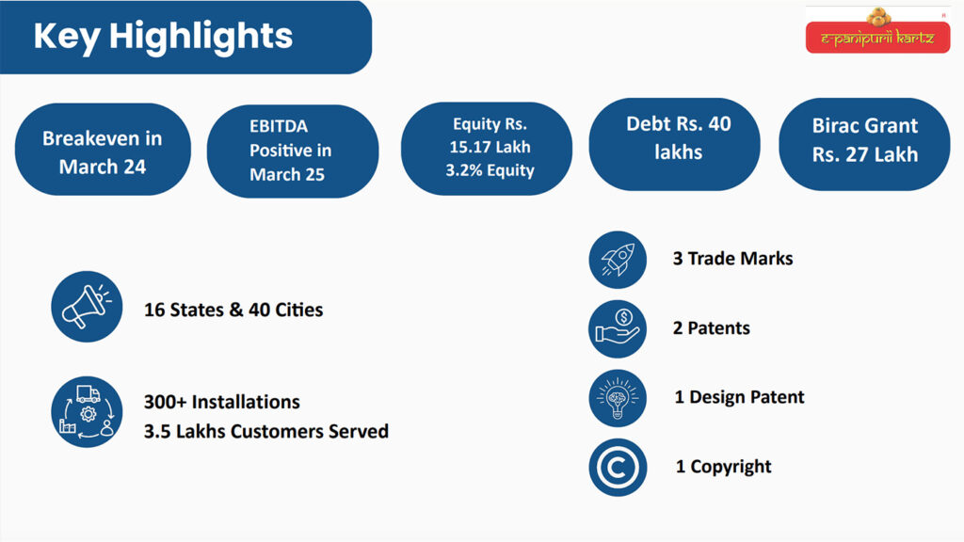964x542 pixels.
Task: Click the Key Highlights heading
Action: point(163,36)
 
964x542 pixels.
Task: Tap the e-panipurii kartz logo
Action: point(877,31)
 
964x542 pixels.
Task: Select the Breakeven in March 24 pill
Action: point(103,150)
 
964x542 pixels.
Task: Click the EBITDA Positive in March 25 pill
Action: point(293,151)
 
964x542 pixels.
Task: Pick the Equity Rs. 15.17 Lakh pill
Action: point(487,149)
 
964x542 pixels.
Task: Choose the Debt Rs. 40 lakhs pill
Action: point(674,144)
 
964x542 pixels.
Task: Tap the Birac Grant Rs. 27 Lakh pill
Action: point(864,144)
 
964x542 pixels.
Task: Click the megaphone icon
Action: point(87,307)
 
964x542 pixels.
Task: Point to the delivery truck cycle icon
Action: point(87,412)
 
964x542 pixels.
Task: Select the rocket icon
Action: point(618,260)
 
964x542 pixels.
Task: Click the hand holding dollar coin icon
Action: point(618,328)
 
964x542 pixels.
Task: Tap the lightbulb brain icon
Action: point(618,398)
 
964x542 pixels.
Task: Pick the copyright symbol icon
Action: point(618,468)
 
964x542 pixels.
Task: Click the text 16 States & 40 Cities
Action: point(233,310)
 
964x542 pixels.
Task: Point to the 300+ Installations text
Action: point(222,402)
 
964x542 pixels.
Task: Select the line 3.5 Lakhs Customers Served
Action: point(266,431)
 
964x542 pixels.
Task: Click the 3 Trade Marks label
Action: point(732,259)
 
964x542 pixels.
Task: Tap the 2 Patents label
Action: point(712,328)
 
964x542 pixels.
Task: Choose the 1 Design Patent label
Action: point(739,397)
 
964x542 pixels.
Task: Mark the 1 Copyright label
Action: point(723,467)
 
